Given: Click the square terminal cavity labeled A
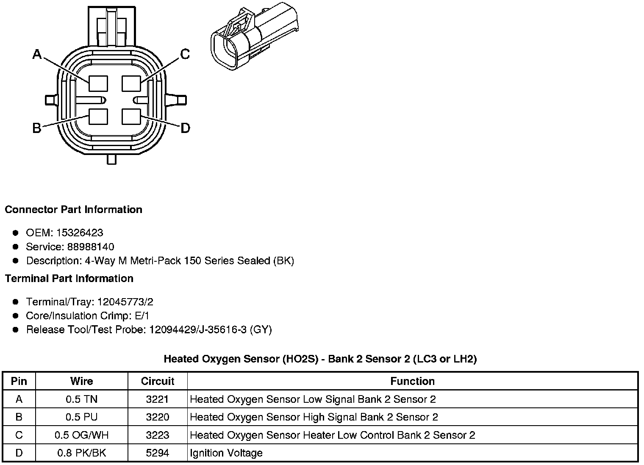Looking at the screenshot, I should coord(98,83).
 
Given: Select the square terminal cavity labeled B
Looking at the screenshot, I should coord(98,117).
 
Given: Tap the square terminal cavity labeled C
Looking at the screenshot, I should coord(131,83).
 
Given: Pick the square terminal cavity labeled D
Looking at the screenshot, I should coord(131,117).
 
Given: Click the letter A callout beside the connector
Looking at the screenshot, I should coord(37,54).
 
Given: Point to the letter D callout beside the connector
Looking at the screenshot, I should coord(185,128).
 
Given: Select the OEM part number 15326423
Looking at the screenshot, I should coord(79,233).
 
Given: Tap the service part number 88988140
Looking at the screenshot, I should coord(91,246).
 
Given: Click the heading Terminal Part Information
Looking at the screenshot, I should coord(69,278).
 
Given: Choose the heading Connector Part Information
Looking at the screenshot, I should coord(73,210).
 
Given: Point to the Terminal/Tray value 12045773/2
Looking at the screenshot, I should coord(125,302).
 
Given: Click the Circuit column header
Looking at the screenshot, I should coord(158,381).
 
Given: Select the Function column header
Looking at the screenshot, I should coord(412,381).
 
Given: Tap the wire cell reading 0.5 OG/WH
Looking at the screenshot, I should coord(81,435).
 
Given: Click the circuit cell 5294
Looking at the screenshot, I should coord(158,453).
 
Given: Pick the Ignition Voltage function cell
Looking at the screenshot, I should coord(226,453).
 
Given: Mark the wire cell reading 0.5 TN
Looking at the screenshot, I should coord(81,399).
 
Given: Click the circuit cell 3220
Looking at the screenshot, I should coord(158,417).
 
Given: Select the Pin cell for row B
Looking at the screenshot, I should coord(19,417).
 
